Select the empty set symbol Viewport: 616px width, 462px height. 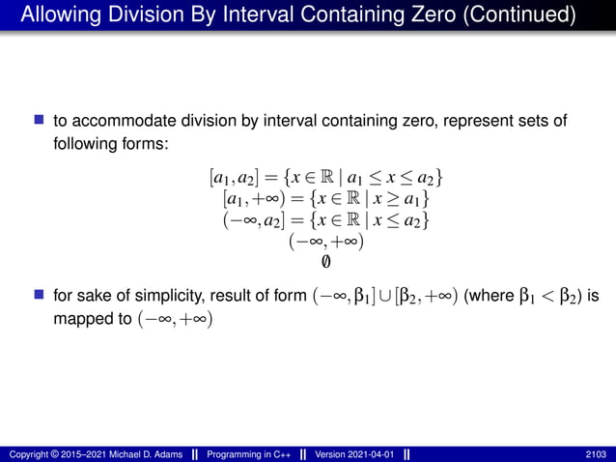click(325, 262)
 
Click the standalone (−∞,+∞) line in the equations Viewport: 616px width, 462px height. click(325, 242)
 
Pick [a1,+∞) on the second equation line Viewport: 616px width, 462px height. click(253, 200)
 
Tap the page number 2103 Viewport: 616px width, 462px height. click(597, 453)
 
